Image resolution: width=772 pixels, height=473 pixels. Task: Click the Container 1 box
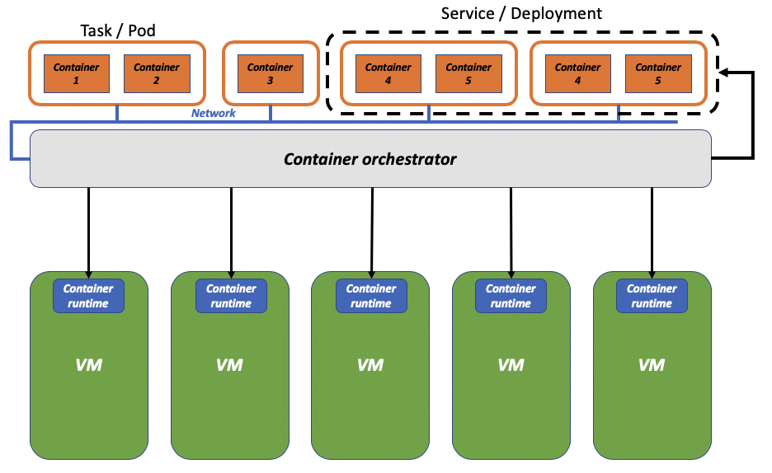point(77,74)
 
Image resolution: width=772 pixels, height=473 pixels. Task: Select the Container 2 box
point(157,74)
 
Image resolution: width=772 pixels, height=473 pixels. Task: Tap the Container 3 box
point(271,74)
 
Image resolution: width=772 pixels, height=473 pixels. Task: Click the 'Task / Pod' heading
point(118,30)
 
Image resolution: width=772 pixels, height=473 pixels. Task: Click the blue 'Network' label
point(214,114)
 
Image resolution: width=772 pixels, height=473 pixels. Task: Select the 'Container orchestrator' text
point(370,159)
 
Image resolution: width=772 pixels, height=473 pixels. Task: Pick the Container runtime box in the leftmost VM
point(88,296)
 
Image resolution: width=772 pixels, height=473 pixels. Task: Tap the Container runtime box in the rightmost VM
point(652,296)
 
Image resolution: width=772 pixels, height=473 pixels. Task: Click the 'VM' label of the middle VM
point(370,364)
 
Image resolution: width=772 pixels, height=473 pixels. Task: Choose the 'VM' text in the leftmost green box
point(88,364)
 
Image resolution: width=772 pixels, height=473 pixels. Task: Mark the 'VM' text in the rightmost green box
point(652,364)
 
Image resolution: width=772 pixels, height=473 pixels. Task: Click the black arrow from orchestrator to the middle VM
point(371,231)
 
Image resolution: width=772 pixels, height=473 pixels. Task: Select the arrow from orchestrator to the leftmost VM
point(89,231)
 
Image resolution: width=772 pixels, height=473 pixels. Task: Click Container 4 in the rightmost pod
point(578,74)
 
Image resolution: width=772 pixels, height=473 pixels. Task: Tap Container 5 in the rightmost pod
point(658,74)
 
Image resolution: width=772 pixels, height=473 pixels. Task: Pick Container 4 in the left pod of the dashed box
point(388,74)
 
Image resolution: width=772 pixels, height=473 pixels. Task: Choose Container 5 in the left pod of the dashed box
point(468,74)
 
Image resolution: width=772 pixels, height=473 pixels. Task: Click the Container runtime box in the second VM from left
point(231,296)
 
